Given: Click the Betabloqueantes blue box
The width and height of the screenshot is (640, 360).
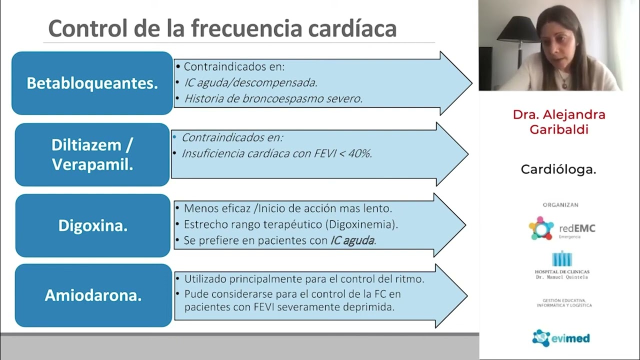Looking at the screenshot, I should tap(92, 83).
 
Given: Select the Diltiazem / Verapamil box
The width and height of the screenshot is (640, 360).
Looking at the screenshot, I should tap(92, 154).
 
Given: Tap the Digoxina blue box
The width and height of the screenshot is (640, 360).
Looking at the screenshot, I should tap(93, 225).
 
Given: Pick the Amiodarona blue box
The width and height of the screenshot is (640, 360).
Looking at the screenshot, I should tap(93, 295).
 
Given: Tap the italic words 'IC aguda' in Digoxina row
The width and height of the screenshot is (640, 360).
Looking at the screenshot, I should tap(352, 240).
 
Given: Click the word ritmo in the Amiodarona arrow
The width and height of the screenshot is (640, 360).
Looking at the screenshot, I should tap(409, 279).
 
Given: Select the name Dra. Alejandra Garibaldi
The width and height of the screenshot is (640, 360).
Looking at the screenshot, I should tap(559, 122).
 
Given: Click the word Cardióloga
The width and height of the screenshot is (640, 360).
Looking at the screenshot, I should tap(558, 169).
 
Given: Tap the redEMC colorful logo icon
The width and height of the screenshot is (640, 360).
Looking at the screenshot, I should tap(541, 228).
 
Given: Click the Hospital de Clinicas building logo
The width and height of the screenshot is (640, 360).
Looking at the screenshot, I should tap(561, 259).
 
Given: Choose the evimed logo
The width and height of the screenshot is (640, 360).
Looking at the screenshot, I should tap(560, 338).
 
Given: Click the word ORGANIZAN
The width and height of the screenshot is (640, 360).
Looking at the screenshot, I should tap(560, 205).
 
